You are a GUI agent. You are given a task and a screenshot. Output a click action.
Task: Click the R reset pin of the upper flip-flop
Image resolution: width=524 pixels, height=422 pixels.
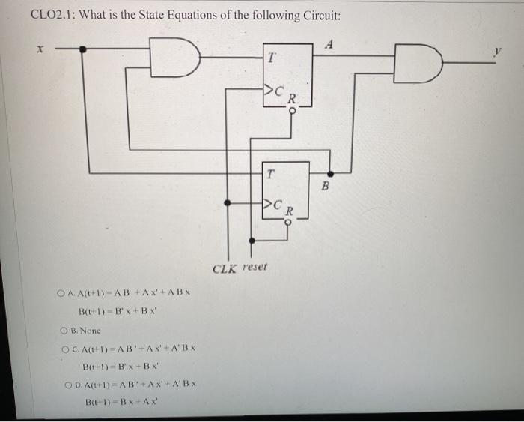click(293, 97)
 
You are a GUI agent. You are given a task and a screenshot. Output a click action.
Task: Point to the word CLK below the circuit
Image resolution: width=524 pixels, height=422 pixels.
click(225, 267)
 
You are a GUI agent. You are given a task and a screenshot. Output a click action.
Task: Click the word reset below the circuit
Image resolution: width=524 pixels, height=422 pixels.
click(254, 267)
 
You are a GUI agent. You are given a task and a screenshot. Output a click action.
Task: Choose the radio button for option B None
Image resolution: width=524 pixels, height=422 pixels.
click(62, 330)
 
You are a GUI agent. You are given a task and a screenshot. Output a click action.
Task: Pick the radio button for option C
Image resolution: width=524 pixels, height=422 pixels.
click(62, 348)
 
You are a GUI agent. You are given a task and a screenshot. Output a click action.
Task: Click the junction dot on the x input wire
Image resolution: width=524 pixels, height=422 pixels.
click(84, 49)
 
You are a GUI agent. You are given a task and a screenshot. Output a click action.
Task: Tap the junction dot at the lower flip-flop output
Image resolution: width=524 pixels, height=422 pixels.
click(330, 173)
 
